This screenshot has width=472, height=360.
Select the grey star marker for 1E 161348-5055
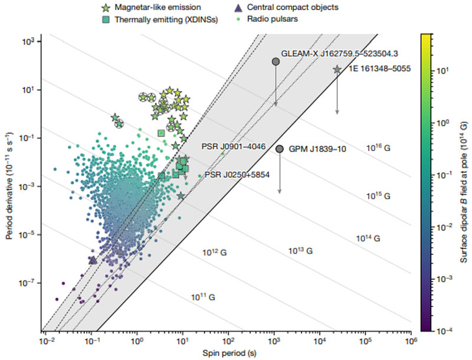tap(337, 70)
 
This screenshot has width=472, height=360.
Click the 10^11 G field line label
tap(203, 297)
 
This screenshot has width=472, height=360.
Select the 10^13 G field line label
tap(300, 251)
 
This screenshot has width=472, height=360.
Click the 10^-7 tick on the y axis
tap(31, 283)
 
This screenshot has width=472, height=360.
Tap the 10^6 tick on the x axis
tap(411, 341)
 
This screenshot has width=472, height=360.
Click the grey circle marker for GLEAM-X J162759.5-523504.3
tap(275, 61)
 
